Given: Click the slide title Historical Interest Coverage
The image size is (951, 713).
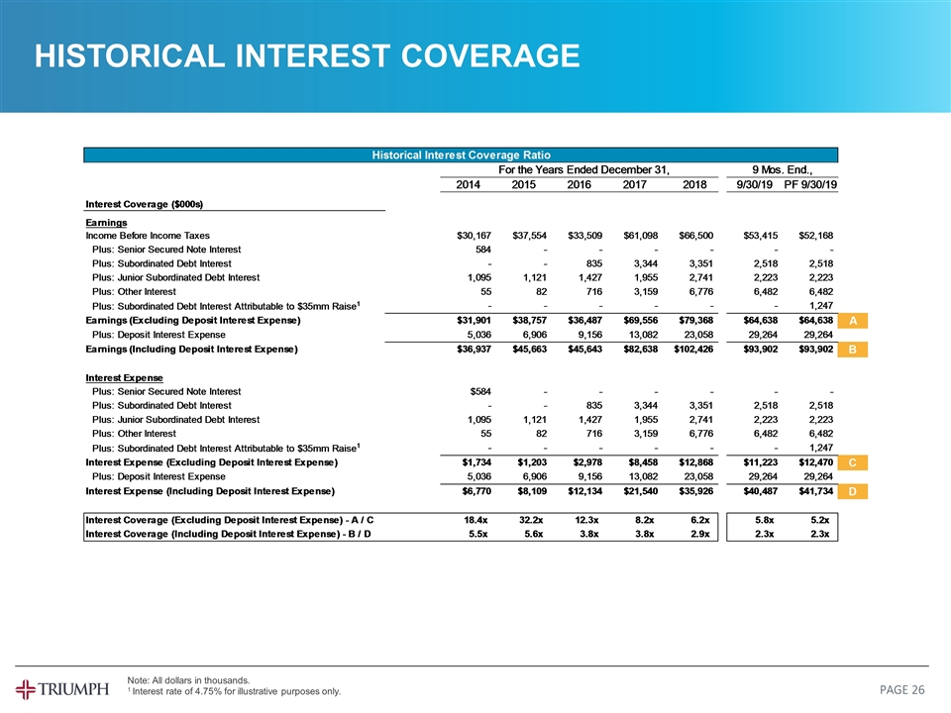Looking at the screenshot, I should (306, 56).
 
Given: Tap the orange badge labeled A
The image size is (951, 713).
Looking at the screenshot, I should (853, 320).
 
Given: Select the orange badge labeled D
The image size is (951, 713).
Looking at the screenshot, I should (853, 492).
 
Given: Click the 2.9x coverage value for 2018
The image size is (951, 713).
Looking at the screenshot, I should (698, 535).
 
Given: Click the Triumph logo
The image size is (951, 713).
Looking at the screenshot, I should (62, 688).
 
